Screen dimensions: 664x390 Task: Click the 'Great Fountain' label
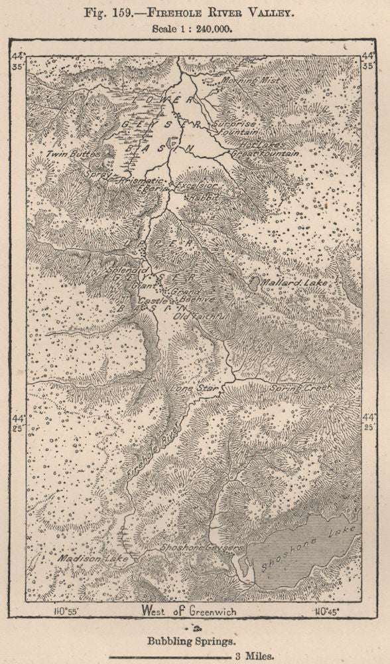[265, 153]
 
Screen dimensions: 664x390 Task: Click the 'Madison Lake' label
[84, 559]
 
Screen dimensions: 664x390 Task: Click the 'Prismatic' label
[141, 181]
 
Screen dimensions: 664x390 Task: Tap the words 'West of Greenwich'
[188, 610]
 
